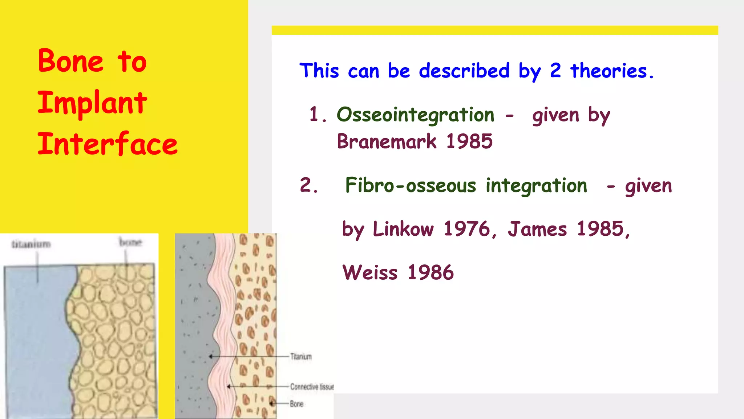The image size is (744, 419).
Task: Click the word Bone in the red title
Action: tap(70, 61)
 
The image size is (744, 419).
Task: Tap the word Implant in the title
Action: tap(92, 103)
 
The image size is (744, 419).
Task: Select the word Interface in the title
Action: tap(108, 144)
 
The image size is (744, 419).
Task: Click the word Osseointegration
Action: tap(416, 115)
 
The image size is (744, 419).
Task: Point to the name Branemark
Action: tap(387, 141)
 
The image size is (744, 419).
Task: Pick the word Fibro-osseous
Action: tap(411, 185)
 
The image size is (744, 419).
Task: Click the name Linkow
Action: tap(403, 229)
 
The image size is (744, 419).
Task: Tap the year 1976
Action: tap(467, 229)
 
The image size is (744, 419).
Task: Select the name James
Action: tap(537, 229)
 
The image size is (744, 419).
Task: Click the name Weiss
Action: tap(370, 273)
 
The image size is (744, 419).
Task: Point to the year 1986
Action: tap(431, 273)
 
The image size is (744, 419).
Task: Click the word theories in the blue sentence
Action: tap(609, 71)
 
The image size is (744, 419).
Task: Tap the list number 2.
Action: tap(308, 185)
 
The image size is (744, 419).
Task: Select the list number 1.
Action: tap(315, 115)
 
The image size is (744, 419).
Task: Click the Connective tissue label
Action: tap(312, 387)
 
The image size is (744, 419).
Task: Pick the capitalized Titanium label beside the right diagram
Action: tap(301, 356)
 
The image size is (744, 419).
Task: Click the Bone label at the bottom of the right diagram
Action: tap(296, 404)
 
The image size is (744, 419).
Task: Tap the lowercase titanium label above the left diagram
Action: tap(31, 244)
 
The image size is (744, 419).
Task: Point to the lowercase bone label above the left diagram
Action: tap(130, 242)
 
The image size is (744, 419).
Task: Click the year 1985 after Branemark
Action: tap(469, 141)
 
